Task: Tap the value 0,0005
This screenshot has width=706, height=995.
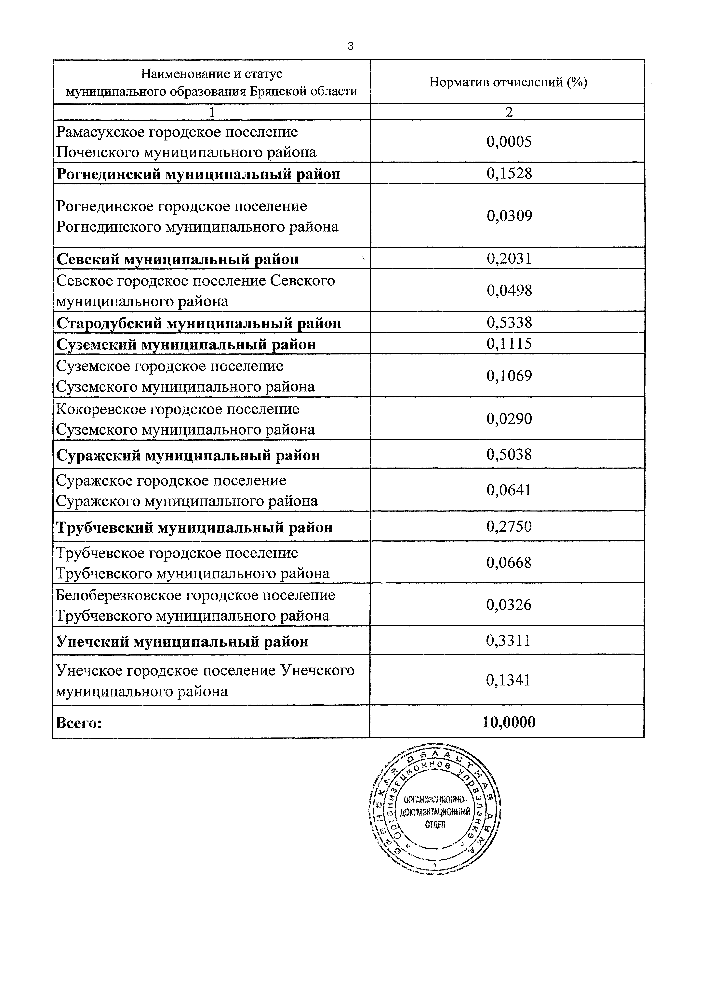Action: point(509,142)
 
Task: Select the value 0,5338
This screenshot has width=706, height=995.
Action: point(509,323)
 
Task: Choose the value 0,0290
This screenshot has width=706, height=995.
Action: point(509,419)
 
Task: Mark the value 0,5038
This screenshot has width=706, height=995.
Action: point(509,455)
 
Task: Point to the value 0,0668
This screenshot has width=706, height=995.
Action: point(509,563)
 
